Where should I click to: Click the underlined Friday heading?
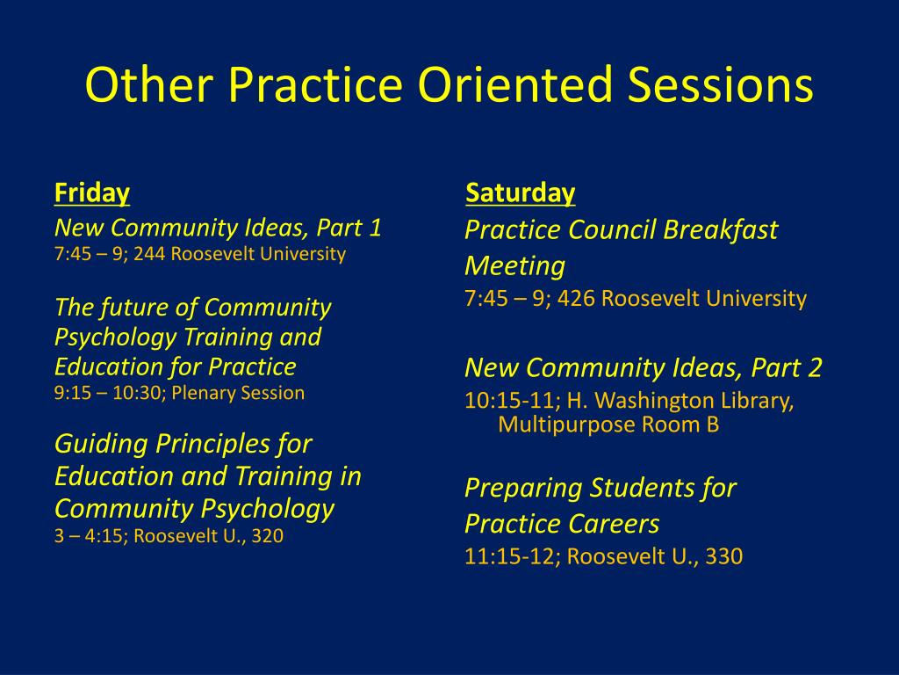click(x=92, y=192)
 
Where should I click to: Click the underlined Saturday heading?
click(x=520, y=192)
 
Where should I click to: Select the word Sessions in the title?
click(x=720, y=83)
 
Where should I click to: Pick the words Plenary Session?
click(x=238, y=393)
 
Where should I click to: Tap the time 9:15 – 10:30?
click(x=108, y=393)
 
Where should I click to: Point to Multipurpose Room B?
click(x=608, y=425)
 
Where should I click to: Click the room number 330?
click(x=724, y=556)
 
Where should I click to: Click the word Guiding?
click(x=101, y=445)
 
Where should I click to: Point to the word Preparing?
click(x=523, y=489)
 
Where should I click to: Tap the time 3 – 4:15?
click(x=91, y=536)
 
